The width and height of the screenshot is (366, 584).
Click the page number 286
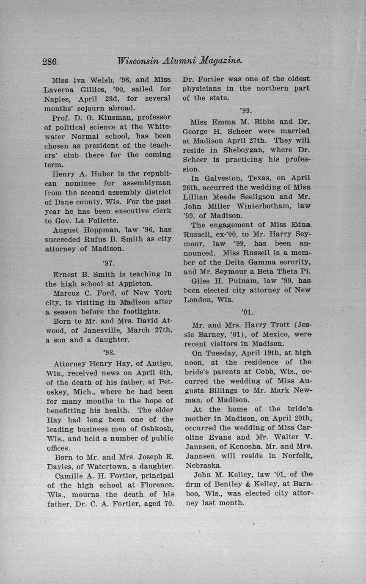point(50,61)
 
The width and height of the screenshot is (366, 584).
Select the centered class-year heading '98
point(109,352)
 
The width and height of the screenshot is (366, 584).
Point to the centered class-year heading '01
point(247,313)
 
